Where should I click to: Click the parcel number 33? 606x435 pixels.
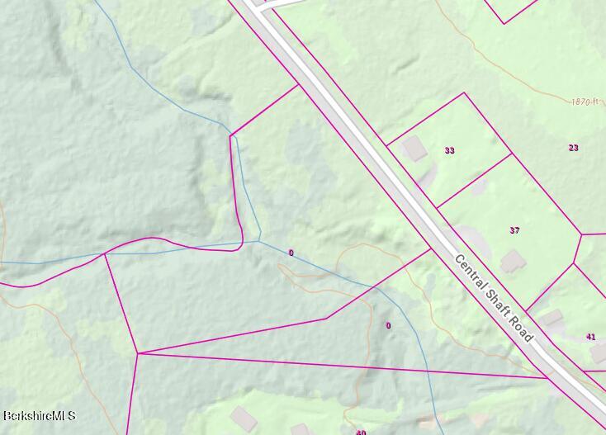click(449, 150)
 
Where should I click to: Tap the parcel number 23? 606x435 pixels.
click(573, 148)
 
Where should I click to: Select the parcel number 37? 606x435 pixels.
click(514, 230)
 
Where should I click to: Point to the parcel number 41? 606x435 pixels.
click(590, 337)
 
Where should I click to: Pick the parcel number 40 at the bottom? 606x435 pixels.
click(361, 432)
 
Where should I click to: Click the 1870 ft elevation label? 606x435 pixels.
click(584, 102)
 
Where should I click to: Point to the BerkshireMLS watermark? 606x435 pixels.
click(39, 416)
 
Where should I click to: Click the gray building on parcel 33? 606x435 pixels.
click(414, 149)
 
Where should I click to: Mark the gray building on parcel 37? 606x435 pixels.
click(513, 262)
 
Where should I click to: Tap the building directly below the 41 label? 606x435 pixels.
click(599, 353)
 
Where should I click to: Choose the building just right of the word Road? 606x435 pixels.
click(551, 319)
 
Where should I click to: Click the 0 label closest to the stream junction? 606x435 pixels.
click(291, 253)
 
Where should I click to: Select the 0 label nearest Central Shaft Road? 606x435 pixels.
click(389, 325)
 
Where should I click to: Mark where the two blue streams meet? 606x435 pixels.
click(259, 240)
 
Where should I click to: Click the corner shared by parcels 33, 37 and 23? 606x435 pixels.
click(512, 154)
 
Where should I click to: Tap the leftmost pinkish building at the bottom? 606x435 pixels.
click(242, 417)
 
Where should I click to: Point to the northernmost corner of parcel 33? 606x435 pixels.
click(464, 93)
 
